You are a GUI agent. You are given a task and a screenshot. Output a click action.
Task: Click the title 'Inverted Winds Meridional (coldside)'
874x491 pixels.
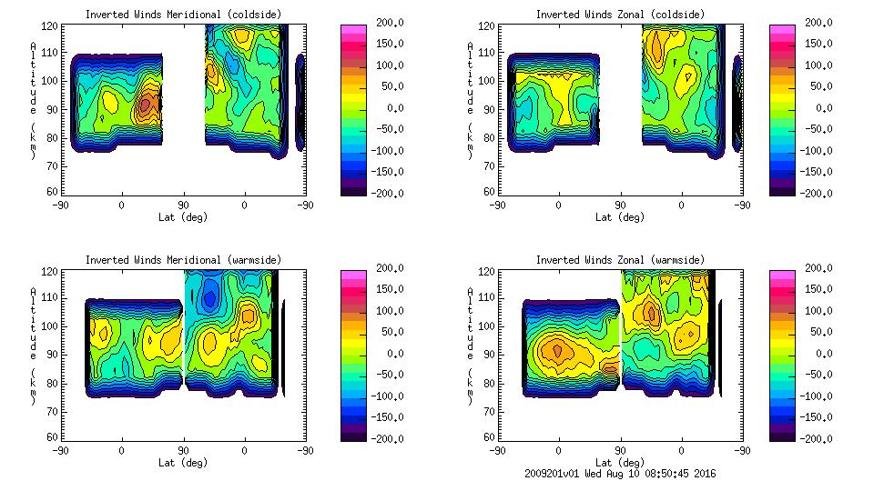click(x=183, y=15)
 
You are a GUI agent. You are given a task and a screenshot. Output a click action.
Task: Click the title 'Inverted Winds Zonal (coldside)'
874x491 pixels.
click(x=620, y=15)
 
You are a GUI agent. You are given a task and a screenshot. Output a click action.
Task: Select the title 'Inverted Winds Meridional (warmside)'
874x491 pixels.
click(x=183, y=260)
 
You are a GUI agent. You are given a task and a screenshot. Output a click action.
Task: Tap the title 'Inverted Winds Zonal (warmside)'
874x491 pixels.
click(x=620, y=260)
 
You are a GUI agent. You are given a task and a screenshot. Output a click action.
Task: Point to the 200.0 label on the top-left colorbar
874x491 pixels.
click(x=386, y=23)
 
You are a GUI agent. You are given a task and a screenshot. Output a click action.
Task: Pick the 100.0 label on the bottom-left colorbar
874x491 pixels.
click(x=386, y=311)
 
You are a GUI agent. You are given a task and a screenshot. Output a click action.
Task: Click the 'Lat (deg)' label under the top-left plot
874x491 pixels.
click(x=183, y=217)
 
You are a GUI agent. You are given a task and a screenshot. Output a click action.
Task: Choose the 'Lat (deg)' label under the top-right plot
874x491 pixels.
click(x=620, y=217)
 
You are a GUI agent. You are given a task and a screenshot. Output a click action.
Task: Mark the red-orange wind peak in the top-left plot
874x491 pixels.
click(x=147, y=105)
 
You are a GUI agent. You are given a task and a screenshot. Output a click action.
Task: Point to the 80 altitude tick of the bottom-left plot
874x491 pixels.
click(x=54, y=385)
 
